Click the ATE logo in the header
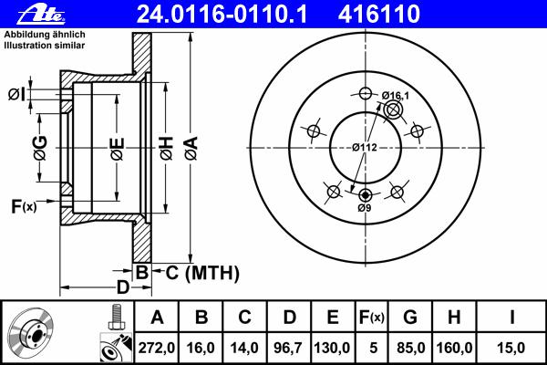[41, 15]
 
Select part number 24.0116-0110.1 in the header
[222, 14]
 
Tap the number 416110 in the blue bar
[379, 14]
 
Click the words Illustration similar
[45, 46]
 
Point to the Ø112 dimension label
[365, 148]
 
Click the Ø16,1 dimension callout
[396, 95]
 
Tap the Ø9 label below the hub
[364, 208]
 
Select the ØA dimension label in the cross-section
[191, 148]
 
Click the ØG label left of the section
[40, 148]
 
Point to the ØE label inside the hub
[118, 149]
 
